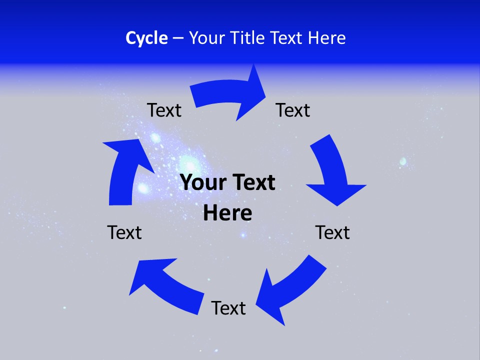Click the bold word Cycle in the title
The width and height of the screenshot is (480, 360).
(x=146, y=38)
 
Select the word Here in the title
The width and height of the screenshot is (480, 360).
(x=326, y=38)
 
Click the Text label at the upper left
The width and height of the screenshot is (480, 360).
(x=164, y=110)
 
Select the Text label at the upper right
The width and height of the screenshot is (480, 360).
(x=293, y=110)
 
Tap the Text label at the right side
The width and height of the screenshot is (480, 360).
(x=332, y=232)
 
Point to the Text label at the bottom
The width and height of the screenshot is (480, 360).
(x=228, y=308)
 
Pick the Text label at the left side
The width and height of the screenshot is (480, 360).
(x=124, y=232)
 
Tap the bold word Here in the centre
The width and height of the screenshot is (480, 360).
(x=227, y=213)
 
